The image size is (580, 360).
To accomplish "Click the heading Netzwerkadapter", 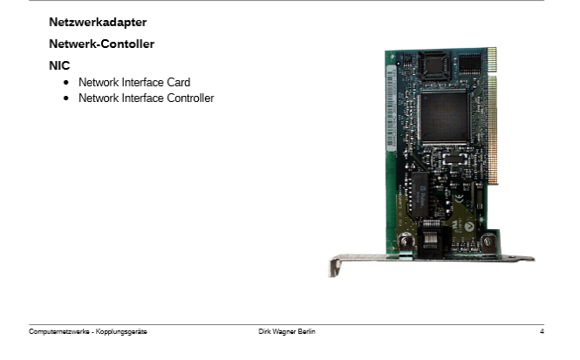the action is (x=98, y=22).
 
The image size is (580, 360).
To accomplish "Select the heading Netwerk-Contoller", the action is (x=101, y=44).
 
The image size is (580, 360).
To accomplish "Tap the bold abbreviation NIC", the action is (x=59, y=65).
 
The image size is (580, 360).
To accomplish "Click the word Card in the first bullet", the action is (x=178, y=82).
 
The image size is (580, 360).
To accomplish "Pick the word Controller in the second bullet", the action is (x=190, y=98).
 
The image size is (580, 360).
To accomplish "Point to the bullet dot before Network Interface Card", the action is (x=66, y=83).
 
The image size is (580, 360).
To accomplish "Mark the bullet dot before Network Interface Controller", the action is (x=66, y=98).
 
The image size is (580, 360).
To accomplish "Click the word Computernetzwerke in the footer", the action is (x=59, y=331).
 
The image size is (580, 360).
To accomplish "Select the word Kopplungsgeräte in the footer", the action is (x=121, y=331).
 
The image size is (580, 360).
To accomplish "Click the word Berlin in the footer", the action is (x=307, y=331).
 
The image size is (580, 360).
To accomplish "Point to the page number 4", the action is (x=542, y=331).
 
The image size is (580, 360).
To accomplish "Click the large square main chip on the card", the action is (x=445, y=117).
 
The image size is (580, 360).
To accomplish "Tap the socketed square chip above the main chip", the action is (x=434, y=65).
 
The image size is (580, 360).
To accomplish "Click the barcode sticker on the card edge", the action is (x=391, y=108).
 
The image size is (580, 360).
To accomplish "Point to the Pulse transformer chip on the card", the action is (x=420, y=194).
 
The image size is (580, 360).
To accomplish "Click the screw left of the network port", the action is (x=405, y=242).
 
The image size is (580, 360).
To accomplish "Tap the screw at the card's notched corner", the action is (x=488, y=241).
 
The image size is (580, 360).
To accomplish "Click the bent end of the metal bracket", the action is (x=334, y=268).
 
